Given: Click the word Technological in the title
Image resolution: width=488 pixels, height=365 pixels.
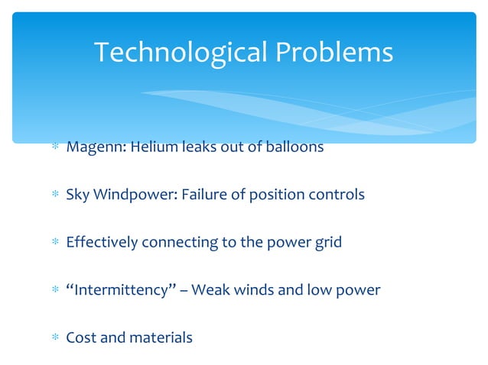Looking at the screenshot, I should click(x=181, y=53).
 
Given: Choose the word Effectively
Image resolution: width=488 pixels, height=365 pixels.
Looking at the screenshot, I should click(x=102, y=243).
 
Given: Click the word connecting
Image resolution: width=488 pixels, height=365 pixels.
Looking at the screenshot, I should click(x=178, y=243).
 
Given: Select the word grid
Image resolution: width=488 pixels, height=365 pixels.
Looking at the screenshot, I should click(x=327, y=243).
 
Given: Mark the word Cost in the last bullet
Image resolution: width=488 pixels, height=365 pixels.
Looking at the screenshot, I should click(x=80, y=338).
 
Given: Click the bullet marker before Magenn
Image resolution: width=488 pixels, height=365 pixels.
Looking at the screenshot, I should click(x=55, y=147).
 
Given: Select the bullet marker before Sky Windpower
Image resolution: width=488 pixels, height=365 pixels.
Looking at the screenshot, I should click(x=55, y=195).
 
